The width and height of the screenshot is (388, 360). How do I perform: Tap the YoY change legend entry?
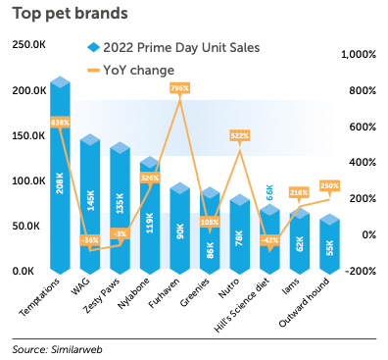tap(138, 70)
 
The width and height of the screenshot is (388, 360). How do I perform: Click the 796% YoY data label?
tap(179, 88)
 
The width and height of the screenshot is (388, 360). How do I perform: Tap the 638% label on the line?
tap(60, 123)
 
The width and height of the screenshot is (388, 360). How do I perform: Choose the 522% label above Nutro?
tap(239, 135)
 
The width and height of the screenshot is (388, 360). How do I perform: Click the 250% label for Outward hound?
tap(329, 185)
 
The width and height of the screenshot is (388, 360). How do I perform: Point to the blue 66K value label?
tap(270, 191)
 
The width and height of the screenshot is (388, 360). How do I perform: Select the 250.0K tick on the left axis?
tap(29, 45)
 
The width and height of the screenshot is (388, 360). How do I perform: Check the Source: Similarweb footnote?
tap(59, 348)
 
